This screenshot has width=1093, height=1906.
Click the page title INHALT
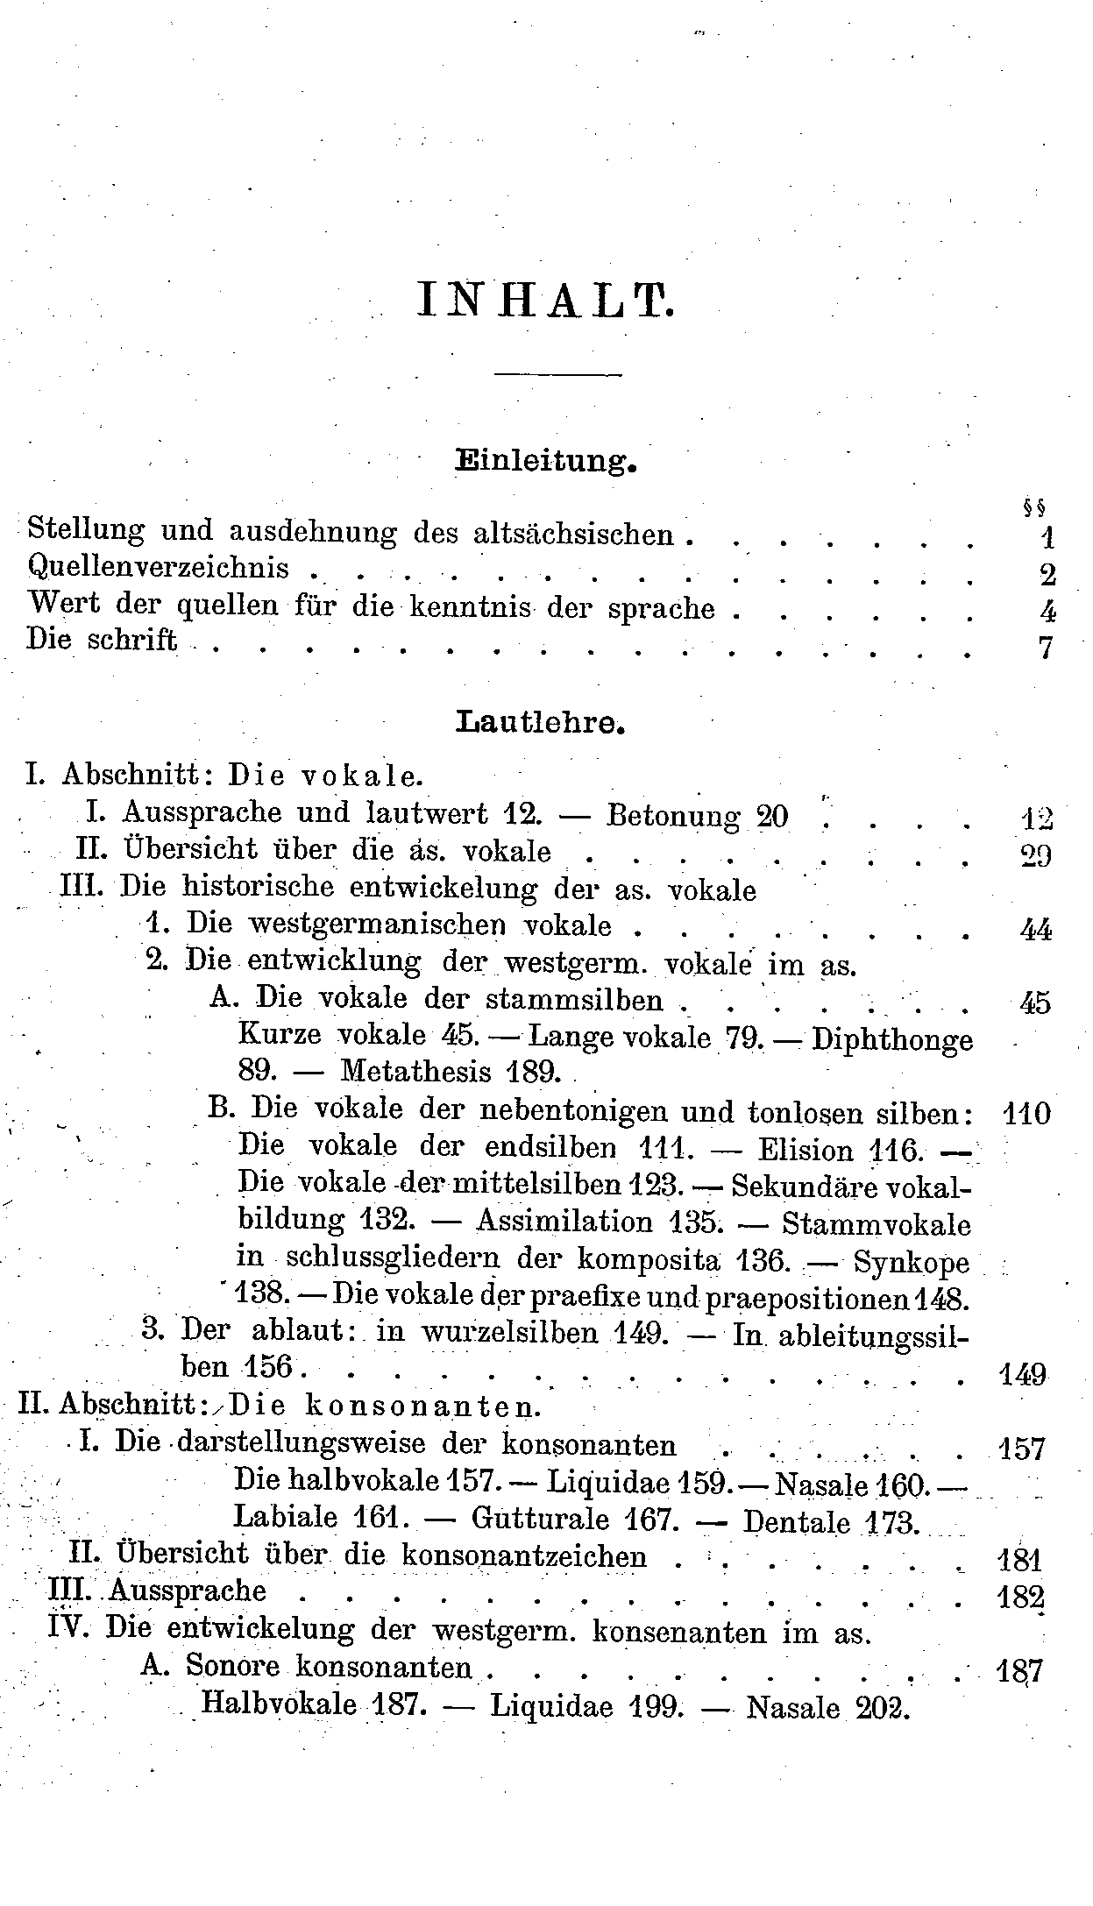coord(546,301)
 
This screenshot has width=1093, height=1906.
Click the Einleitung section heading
coord(545,461)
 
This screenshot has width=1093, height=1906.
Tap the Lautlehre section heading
coord(541,724)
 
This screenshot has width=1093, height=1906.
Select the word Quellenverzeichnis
coord(159,568)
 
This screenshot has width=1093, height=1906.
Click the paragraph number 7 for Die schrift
coord(1045,648)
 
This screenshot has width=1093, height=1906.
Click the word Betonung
coord(673,817)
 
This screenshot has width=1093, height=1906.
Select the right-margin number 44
coord(1036,930)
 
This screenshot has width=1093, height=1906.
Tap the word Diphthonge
coord(892,1040)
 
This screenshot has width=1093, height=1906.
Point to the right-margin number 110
coord(1025,1115)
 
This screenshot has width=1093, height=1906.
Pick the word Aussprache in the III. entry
coord(188,1591)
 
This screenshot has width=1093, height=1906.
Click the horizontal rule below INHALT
coord(557,375)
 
